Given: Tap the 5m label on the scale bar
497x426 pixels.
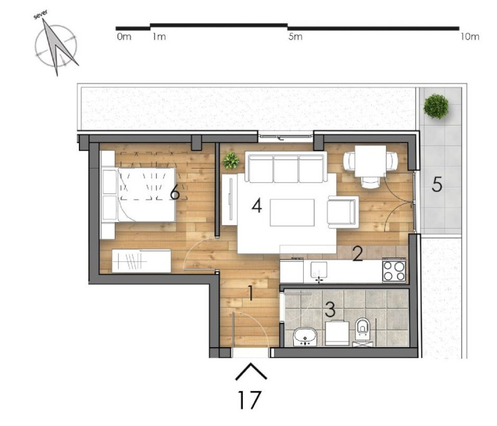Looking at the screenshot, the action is pos(295,37).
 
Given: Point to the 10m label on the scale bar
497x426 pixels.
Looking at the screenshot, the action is pos(470,37).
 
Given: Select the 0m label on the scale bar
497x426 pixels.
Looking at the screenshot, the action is pos(124,37).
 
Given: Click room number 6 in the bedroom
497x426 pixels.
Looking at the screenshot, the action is pos(175,192).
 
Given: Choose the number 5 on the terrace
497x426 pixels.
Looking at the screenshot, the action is pos(437,184).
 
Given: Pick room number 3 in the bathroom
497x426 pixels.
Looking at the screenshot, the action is pos(330,309).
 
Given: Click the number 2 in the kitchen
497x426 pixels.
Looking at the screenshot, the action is pos(358,254).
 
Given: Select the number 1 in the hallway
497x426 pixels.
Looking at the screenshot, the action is pos(251,293).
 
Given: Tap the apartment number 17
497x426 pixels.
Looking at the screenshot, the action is pos(250,400).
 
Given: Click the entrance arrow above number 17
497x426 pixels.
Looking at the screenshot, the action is pos(251,371).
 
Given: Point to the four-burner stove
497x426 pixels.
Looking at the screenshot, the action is pos(394,271).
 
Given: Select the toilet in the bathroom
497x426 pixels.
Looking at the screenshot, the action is pos(362,330).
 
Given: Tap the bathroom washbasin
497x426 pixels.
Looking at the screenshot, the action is pos(305,336).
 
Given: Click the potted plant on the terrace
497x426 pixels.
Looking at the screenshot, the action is pos(436,106).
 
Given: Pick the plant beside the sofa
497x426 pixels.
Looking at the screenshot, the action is pos(230,160).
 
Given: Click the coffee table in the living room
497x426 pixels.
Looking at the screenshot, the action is pos(292,213).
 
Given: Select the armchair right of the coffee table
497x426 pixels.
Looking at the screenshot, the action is pos(343,212).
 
